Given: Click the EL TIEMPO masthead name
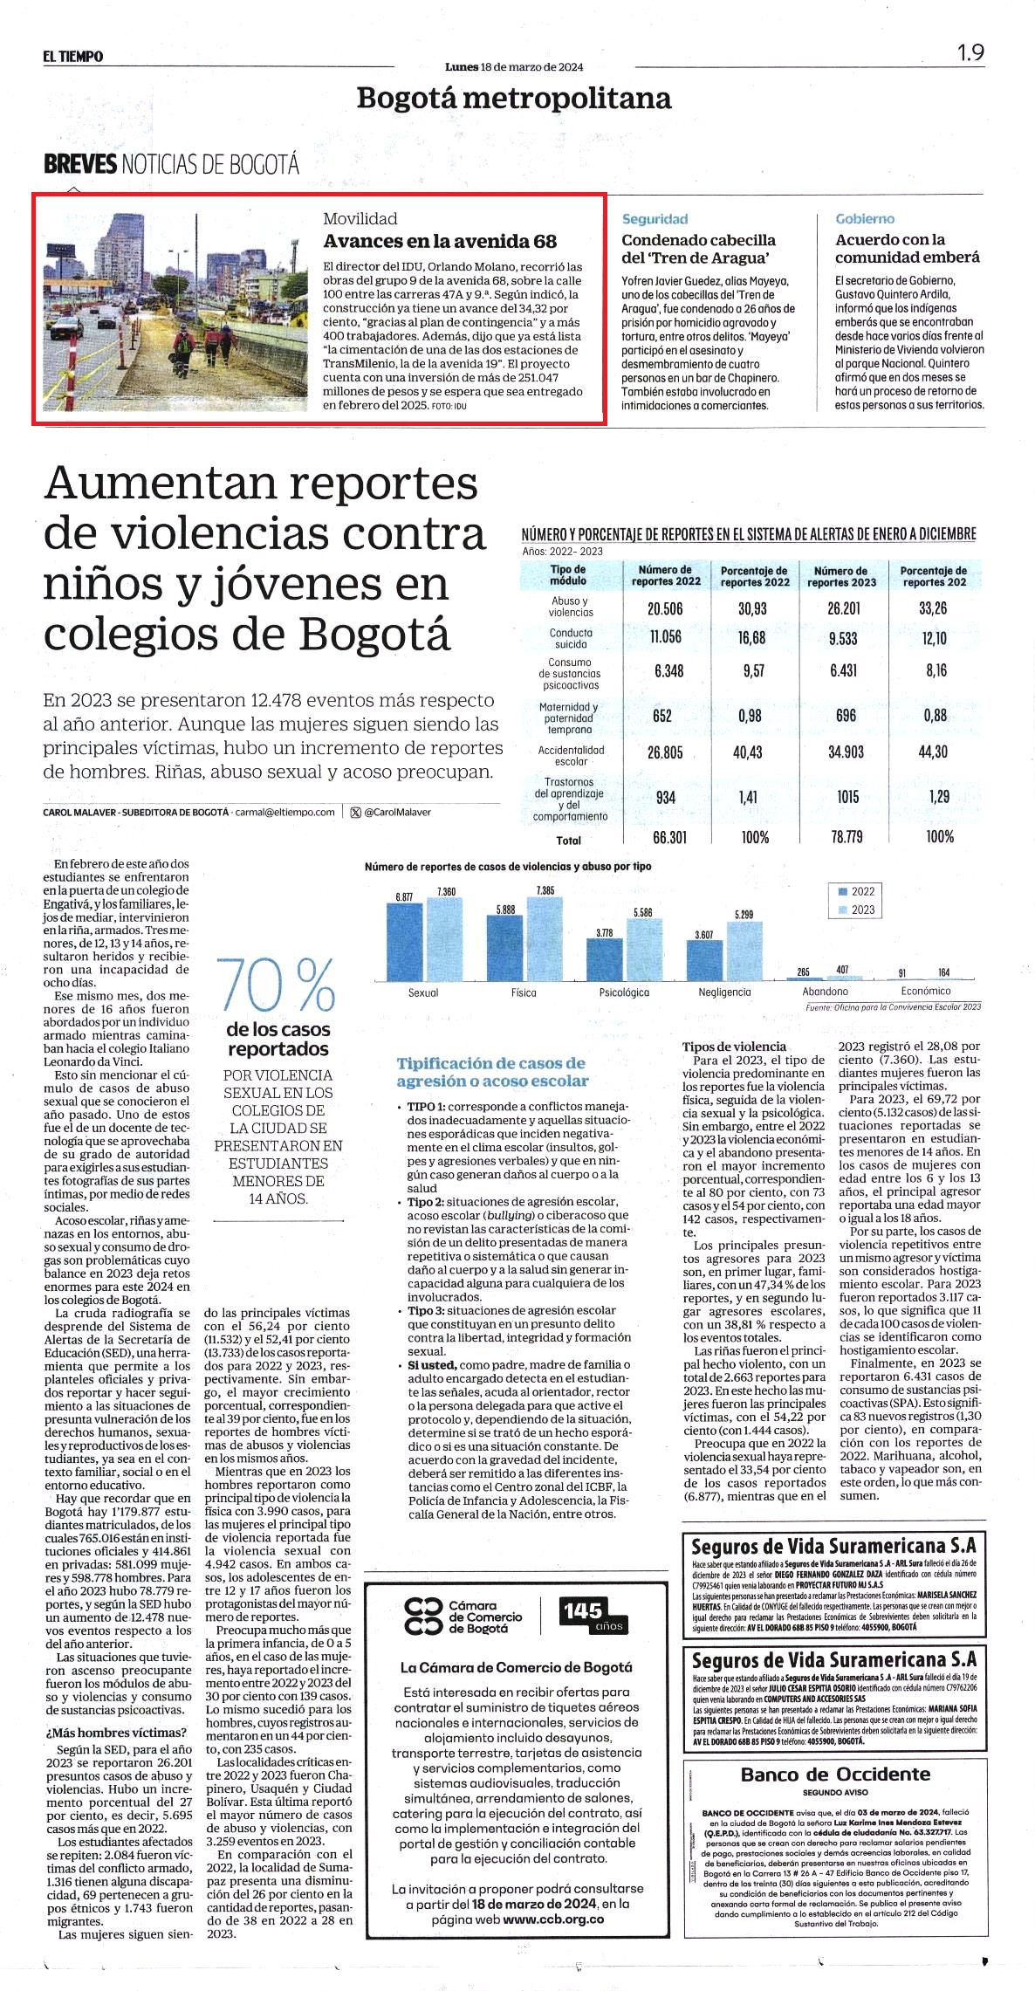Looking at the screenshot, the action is coord(73,57).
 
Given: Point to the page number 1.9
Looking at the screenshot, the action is coord(970,52).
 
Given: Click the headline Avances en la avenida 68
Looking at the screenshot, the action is coord(440,241).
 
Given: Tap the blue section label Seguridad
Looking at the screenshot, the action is coord(655,219).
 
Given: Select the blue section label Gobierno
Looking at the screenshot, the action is coord(865,219).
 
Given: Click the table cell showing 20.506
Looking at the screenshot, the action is coord(665,608).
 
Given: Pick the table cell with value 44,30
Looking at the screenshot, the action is coord(933,752).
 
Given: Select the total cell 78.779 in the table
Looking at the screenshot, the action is coord(847,837).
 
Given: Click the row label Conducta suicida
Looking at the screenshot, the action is coord(571,638).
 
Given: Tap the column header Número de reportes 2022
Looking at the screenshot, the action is coord(666,575).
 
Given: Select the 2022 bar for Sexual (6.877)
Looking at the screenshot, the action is coord(404,942).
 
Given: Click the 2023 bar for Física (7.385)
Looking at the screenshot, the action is coord(545,938).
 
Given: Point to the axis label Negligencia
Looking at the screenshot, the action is coord(724,992).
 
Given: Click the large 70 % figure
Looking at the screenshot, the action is coord(277,985).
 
